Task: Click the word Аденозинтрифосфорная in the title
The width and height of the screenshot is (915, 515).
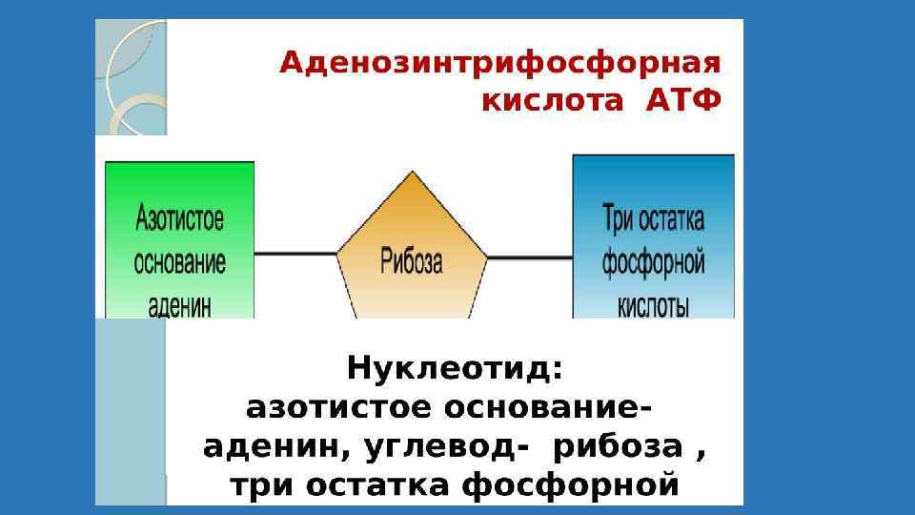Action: click(500, 65)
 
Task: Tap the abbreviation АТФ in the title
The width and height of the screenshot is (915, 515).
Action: click(683, 100)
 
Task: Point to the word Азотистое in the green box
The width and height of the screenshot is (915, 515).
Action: click(180, 218)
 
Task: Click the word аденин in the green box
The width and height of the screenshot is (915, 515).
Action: click(180, 304)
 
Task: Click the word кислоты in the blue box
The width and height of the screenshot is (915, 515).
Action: click(653, 305)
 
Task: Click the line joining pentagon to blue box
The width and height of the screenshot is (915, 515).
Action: click(529, 255)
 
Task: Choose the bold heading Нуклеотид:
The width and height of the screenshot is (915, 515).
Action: click(455, 368)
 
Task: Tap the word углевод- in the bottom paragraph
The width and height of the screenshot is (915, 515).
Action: click(442, 446)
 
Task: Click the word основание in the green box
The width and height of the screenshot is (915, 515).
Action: click(180, 261)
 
